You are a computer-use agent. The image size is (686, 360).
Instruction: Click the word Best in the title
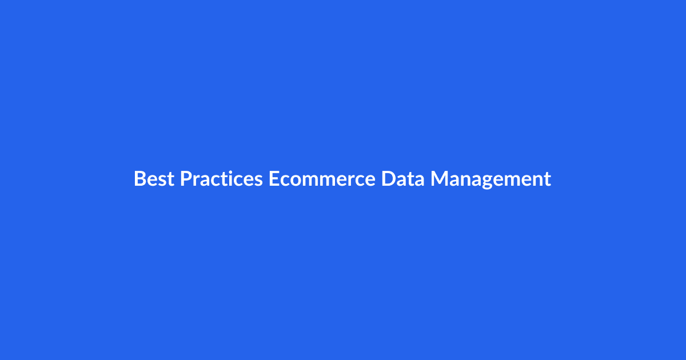click(154, 179)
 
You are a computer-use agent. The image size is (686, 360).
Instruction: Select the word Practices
click(221, 179)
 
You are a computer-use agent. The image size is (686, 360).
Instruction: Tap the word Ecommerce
click(322, 179)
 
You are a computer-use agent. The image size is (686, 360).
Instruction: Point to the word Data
click(403, 179)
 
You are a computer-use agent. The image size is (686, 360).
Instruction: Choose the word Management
click(490, 179)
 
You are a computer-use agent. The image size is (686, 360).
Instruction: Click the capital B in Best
click(139, 179)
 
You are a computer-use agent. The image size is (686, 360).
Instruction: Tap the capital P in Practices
click(186, 179)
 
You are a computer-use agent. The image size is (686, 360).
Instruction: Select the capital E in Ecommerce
click(273, 179)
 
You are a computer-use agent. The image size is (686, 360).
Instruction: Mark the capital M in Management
click(440, 179)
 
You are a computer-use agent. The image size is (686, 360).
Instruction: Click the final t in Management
click(547, 179)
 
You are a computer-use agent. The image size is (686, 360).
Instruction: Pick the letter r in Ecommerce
click(348, 181)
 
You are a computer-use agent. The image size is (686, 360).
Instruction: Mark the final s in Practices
click(258, 181)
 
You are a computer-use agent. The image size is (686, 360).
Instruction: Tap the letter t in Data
click(410, 179)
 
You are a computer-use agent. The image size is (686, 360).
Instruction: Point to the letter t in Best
click(170, 179)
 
